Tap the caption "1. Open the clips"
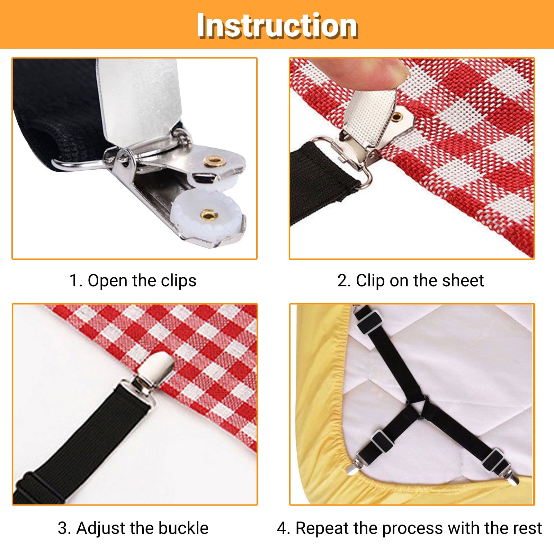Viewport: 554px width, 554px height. [133, 280]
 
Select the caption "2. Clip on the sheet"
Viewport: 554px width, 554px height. [410, 280]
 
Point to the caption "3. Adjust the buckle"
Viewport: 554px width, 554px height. [133, 528]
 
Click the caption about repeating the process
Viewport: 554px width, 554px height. [409, 528]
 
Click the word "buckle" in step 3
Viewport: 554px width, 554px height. [184, 528]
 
